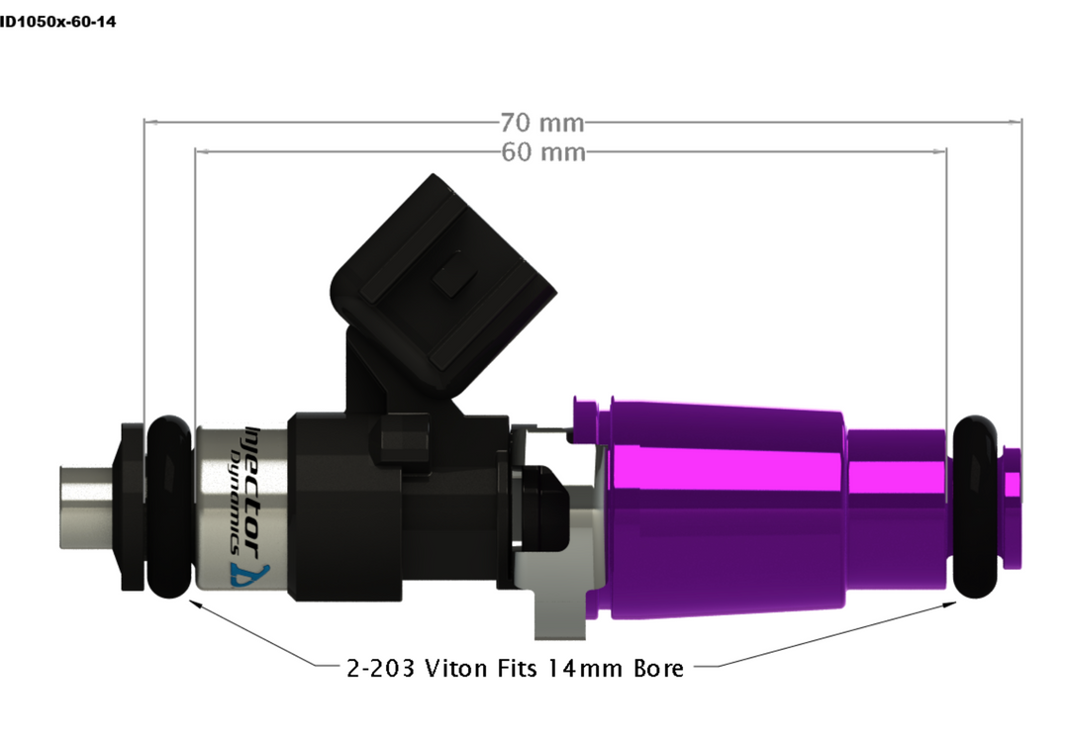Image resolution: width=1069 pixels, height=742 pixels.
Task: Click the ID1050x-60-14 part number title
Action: pyautogui.click(x=57, y=21)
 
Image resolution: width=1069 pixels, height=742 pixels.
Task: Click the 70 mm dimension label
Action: pyautogui.click(x=541, y=124)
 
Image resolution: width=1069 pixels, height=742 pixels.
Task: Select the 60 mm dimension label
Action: pyautogui.click(x=542, y=152)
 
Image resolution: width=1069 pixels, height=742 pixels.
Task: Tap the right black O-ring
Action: pyautogui.click(x=978, y=506)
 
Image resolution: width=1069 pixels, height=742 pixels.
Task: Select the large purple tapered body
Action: pyautogui.click(x=723, y=510)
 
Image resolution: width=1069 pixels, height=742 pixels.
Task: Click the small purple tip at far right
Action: pyautogui.click(x=1011, y=485)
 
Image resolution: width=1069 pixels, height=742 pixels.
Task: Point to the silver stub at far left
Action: pyautogui.click(x=87, y=505)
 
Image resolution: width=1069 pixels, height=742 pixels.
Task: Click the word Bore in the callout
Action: pyautogui.click(x=658, y=669)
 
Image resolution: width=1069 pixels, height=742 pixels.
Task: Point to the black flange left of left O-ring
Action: pyautogui.click(x=132, y=506)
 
